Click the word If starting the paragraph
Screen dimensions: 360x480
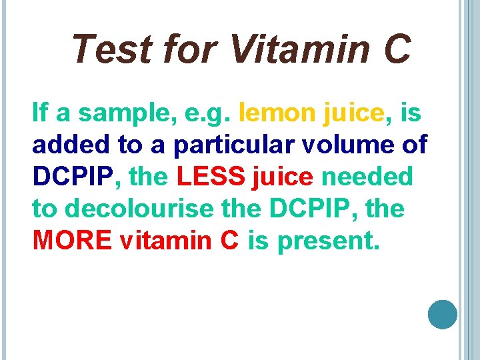tap(40, 113)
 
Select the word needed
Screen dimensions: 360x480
tap(367, 177)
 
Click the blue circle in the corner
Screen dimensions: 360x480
tap(442, 315)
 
